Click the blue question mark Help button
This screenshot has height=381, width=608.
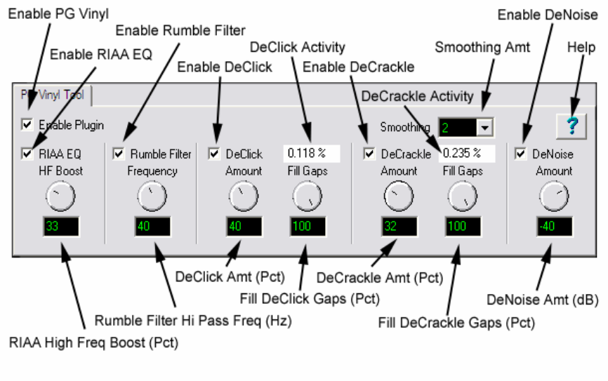[572, 126]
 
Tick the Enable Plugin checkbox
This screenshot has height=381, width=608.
[27, 125]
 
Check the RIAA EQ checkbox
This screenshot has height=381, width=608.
[27, 154]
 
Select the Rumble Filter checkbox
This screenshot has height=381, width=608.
[119, 154]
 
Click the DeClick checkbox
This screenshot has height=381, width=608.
[214, 154]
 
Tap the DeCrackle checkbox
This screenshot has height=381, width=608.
[369, 154]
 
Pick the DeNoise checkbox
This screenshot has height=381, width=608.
[521, 154]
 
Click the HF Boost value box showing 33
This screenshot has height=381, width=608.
[61, 227]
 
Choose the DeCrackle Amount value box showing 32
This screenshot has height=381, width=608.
[399, 227]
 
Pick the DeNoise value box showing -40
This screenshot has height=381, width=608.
[554, 227]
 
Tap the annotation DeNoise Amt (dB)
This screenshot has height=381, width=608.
[543, 300]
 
